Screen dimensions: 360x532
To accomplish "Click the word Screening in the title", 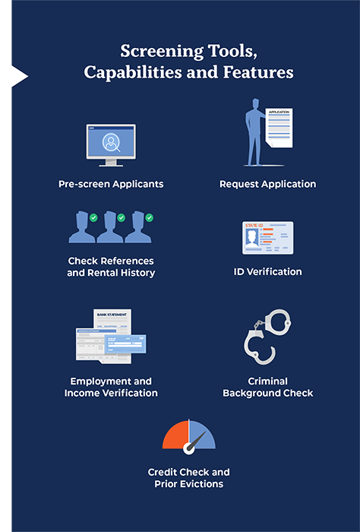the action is point(162,52).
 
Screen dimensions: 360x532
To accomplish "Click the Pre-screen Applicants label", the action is point(111,184).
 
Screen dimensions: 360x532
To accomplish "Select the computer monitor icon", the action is point(111,145).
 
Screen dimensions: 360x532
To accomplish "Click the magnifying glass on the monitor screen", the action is point(112,143).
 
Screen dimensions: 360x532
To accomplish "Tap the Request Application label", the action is point(268,184).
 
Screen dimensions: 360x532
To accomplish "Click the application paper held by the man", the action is point(279,128).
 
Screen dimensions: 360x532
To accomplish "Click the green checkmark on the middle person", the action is point(122,217).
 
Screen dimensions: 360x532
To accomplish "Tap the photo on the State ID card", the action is point(252,238).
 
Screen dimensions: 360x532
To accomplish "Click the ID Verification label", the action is point(267,272).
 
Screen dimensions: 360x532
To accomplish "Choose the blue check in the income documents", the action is point(125,344).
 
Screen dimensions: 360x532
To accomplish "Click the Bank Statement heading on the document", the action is point(112,315).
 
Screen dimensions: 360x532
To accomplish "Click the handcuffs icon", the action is point(267,336).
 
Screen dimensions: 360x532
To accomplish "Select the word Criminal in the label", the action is point(268,382).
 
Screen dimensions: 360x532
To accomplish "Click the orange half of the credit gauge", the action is point(175,435).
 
